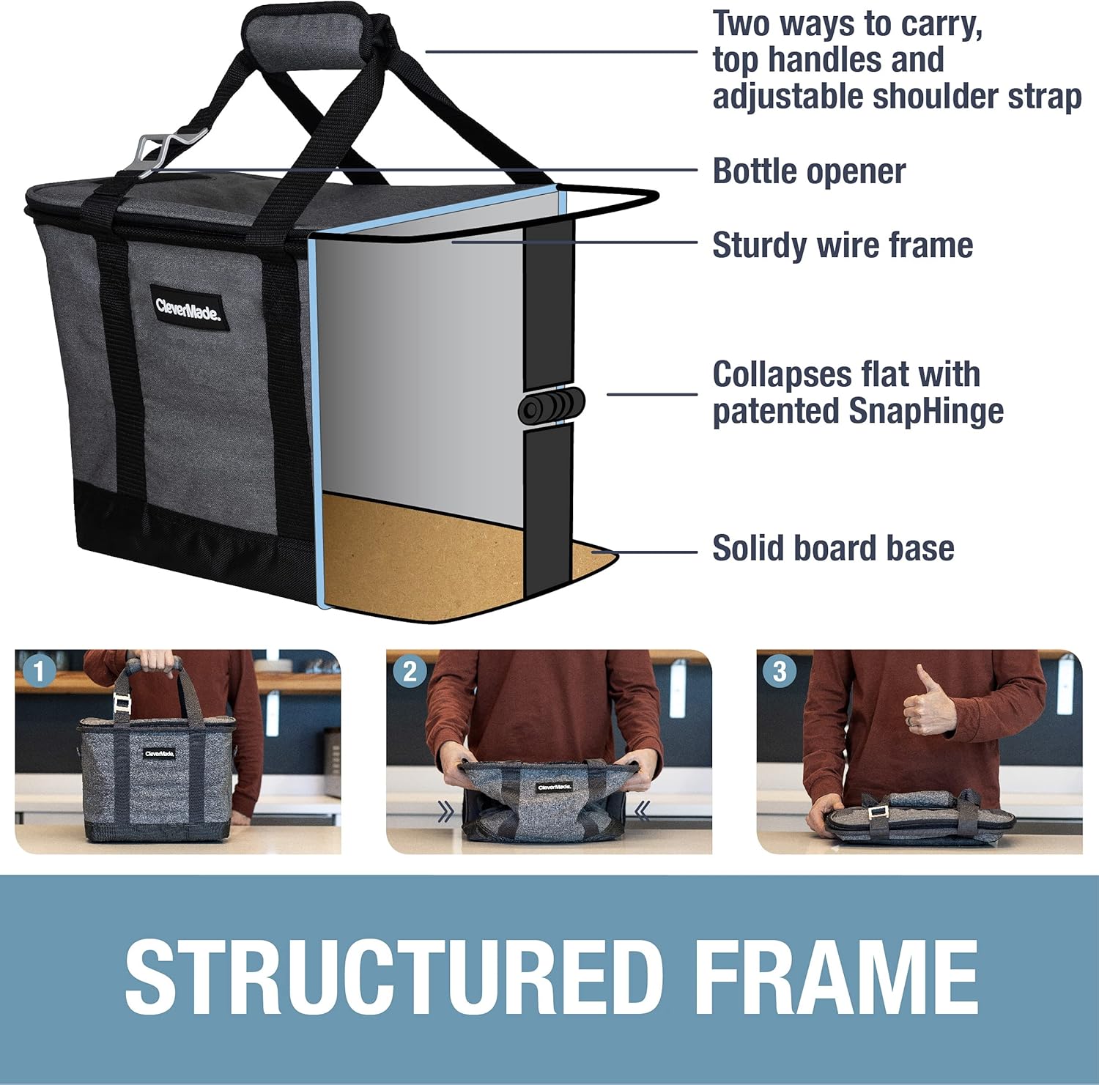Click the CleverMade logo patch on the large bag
tap(188, 309)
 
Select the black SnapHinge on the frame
tap(551, 406)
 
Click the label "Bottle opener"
tap(809, 171)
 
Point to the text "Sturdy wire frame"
tap(843, 245)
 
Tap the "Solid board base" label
tap(833, 548)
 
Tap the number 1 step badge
tap(39, 671)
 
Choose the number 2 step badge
tap(410, 671)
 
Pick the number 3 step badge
tap(780, 671)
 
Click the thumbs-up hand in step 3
tap(926, 703)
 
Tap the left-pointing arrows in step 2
tap(642, 810)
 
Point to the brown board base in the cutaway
tap(425, 557)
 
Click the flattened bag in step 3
tap(919, 819)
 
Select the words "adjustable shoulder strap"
tap(897, 97)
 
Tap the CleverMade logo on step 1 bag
tap(159, 753)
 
